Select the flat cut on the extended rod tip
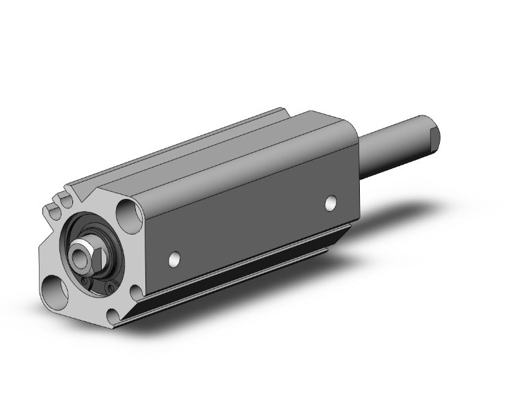(x=434, y=139)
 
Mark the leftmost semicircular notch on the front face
(x=49, y=204)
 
